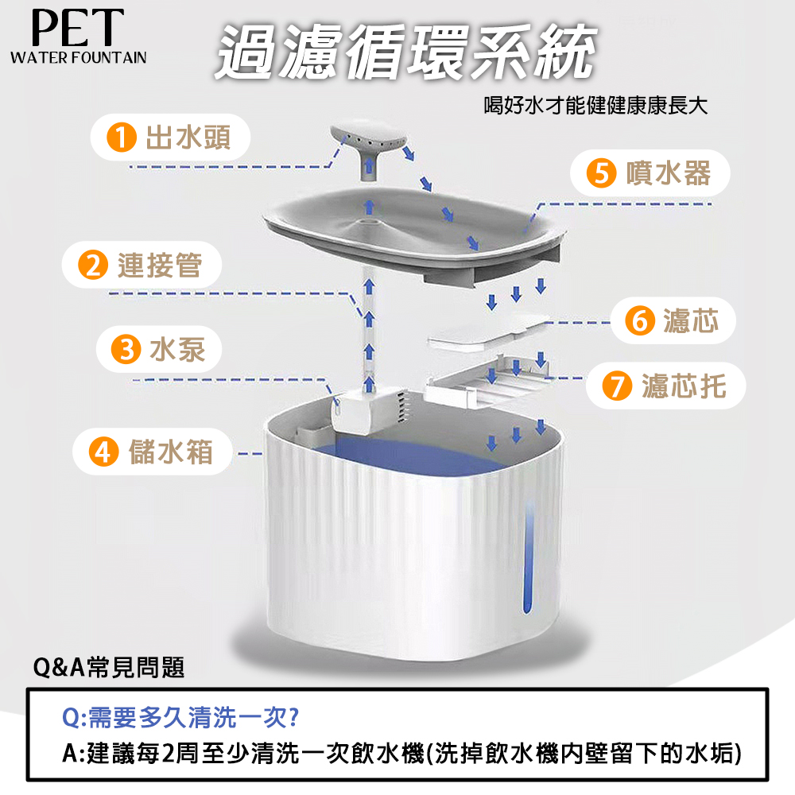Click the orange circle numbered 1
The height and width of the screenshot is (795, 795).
(x=122, y=137)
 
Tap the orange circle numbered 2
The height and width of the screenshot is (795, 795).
(x=93, y=265)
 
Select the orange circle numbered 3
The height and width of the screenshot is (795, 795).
(x=126, y=349)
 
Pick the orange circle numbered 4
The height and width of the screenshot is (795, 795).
(x=104, y=452)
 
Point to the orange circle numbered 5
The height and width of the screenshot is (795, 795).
(x=601, y=173)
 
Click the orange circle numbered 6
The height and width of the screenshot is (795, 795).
(x=640, y=320)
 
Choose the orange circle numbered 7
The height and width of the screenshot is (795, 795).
(x=617, y=386)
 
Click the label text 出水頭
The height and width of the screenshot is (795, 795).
(x=188, y=137)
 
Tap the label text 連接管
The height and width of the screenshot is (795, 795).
(x=160, y=265)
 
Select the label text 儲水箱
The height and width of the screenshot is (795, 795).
(x=171, y=452)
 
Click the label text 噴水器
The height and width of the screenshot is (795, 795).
(x=669, y=173)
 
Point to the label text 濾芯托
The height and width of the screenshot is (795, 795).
(x=684, y=386)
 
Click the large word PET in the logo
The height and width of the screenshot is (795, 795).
(x=78, y=28)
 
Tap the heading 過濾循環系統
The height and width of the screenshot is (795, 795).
(x=405, y=52)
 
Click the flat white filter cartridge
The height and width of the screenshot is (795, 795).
(x=488, y=332)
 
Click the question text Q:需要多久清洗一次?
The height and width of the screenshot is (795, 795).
(x=180, y=717)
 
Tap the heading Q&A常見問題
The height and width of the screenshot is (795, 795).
(x=108, y=667)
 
